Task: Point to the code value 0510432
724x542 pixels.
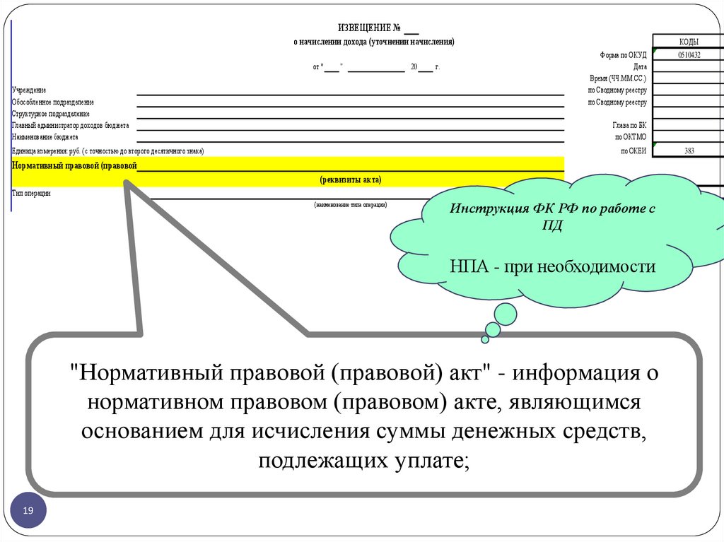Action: tap(689, 54)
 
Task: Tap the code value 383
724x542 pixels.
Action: tap(689, 151)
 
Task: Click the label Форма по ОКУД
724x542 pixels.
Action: tap(622, 54)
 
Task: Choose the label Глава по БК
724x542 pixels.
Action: tap(631, 125)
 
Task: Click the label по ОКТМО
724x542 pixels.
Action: tap(631, 137)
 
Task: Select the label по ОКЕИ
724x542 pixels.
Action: tap(633, 151)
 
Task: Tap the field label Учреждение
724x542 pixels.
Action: tap(29, 90)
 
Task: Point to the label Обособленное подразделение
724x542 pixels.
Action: tap(53, 102)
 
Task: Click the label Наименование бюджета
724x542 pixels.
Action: tap(45, 137)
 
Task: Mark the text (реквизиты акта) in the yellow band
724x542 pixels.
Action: tap(351, 180)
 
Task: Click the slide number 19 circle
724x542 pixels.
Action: tap(28, 510)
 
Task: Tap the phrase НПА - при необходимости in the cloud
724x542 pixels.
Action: tap(553, 267)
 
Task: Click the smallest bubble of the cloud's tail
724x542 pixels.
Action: tap(485, 339)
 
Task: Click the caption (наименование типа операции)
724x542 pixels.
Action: tap(351, 204)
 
